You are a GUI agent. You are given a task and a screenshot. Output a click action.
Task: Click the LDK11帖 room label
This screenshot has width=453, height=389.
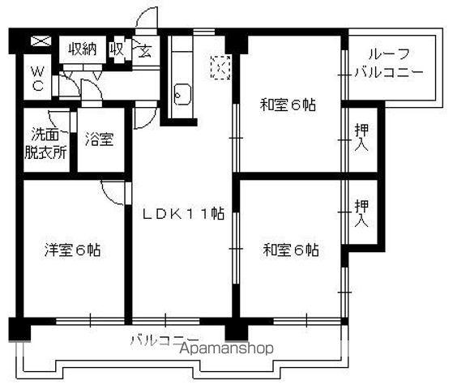click(x=184, y=214)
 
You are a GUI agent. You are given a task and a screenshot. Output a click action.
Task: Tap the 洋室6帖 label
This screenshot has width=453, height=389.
click(x=72, y=250)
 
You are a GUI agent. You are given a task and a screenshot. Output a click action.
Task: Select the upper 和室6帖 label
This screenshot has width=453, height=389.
click(x=288, y=105)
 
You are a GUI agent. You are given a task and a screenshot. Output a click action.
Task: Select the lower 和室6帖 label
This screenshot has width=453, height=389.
click(x=290, y=250)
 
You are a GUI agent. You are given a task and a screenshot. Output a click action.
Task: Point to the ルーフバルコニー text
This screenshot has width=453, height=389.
click(x=388, y=63)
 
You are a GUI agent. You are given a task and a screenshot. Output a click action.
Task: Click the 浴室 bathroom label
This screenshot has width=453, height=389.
click(x=100, y=139)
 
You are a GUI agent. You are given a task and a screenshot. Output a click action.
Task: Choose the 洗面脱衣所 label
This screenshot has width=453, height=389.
click(x=45, y=144)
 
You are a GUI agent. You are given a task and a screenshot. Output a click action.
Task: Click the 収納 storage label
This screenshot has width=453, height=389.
click(x=82, y=49)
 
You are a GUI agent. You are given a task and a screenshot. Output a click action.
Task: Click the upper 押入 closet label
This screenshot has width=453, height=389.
click(x=362, y=137)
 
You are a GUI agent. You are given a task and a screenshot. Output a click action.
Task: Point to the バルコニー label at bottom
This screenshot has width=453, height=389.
click(x=164, y=340)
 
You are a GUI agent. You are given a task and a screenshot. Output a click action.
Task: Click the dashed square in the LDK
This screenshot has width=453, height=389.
click(x=220, y=66)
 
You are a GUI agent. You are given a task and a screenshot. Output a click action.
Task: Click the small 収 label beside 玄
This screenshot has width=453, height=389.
click(x=117, y=49)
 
